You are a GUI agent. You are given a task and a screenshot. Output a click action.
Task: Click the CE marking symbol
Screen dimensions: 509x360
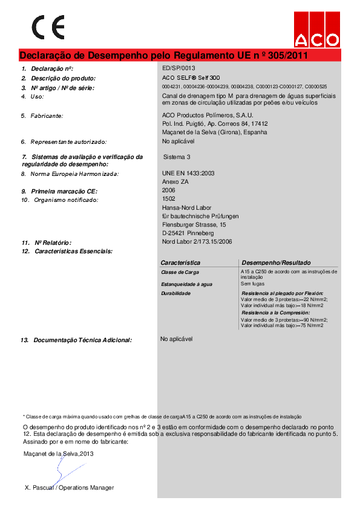[48, 27]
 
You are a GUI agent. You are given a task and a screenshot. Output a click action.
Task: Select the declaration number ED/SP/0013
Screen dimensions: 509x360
[179, 68]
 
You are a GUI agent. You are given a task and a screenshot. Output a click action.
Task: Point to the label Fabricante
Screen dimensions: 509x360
[47, 115]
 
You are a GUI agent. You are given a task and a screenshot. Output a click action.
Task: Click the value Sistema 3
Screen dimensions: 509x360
[177, 157]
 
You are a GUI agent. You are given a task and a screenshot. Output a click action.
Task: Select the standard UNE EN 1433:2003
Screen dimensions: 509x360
[189, 173]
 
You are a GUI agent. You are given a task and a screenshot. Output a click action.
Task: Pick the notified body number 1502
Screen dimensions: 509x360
[169, 199]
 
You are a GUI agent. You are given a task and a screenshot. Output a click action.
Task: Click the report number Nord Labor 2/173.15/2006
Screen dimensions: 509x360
[197, 242]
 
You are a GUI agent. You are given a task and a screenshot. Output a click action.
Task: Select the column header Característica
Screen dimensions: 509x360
[180, 263]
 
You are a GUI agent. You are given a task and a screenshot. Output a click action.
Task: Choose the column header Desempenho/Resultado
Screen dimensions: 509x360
[276, 263]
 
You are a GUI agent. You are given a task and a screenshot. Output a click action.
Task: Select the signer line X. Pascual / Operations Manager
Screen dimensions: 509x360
[69, 487]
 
